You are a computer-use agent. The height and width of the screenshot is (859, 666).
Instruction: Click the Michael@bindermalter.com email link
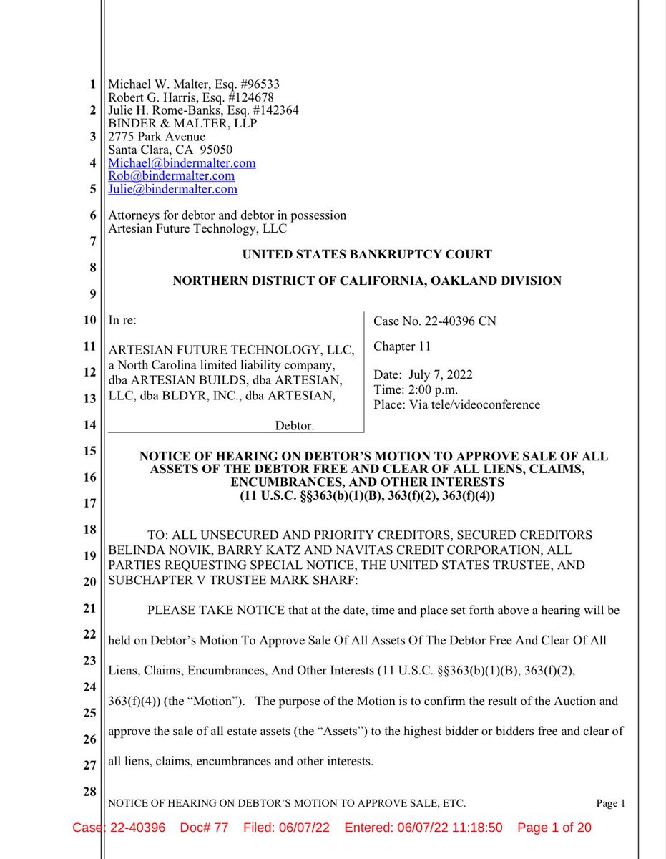tap(182, 163)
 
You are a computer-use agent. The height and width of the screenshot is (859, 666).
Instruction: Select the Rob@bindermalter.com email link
tap(171, 176)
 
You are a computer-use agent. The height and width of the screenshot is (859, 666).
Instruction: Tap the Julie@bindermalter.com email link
tap(172, 190)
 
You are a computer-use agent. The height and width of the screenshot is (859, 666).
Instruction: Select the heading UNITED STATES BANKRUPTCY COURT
tap(367, 254)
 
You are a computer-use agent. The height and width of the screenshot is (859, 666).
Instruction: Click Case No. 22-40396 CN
tap(434, 321)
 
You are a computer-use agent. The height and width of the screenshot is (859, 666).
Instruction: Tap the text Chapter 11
tap(402, 347)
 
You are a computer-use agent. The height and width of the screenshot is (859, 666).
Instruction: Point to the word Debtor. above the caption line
tap(294, 426)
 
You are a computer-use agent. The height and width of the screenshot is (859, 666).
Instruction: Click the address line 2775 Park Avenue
tap(156, 137)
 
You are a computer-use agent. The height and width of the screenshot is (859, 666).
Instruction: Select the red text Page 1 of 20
tap(554, 828)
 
